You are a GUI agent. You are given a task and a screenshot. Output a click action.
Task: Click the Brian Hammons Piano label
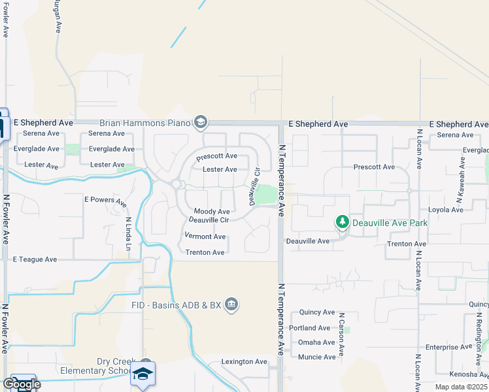click(x=144, y=123)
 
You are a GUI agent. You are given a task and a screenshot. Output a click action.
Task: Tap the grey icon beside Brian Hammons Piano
click(x=200, y=122)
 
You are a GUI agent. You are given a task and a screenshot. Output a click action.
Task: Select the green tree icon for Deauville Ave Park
click(x=342, y=222)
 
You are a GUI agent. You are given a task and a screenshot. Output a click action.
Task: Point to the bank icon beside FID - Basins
click(x=231, y=304)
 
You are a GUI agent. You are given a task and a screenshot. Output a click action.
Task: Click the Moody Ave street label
click(x=212, y=212)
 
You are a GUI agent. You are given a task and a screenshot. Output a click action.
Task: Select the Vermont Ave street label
click(x=205, y=237)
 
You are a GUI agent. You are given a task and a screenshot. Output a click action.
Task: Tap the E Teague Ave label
click(x=35, y=259)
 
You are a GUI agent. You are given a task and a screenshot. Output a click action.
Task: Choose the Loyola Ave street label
click(x=446, y=210)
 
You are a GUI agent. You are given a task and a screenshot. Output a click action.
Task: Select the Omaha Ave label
click(x=316, y=342)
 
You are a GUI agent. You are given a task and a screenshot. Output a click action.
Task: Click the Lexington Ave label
click(x=244, y=361)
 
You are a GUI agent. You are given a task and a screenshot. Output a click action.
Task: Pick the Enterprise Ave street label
click(x=448, y=347)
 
